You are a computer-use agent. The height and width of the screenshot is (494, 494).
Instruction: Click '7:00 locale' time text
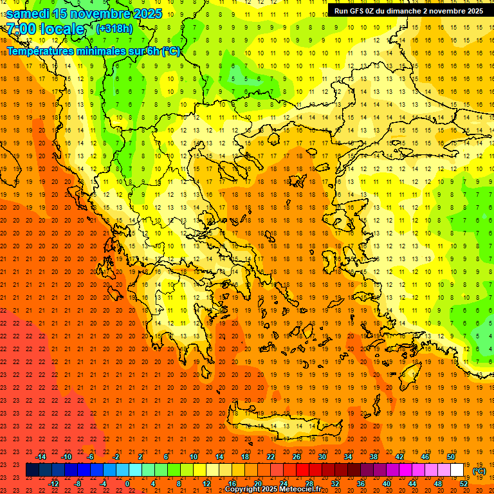(x=45, y=29)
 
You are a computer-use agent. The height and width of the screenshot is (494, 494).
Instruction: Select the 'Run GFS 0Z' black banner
(x=409, y=10)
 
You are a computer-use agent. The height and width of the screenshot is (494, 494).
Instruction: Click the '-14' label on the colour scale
(x=41, y=457)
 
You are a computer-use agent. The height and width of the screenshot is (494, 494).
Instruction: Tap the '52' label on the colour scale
(x=464, y=484)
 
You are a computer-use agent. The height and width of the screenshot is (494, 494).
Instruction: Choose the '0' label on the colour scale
(x=127, y=484)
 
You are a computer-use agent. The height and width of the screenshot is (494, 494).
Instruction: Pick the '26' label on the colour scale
(x=297, y=457)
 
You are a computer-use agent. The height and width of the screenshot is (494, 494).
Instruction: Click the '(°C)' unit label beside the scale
(x=479, y=471)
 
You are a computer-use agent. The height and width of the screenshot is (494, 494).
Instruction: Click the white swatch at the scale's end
(x=457, y=470)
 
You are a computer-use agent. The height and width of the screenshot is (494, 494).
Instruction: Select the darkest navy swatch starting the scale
(x=32, y=470)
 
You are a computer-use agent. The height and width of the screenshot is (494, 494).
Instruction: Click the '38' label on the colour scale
(x=374, y=457)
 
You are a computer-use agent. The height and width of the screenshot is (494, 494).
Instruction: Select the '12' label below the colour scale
(x=206, y=484)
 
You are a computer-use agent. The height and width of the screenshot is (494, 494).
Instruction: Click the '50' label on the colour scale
(x=451, y=457)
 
